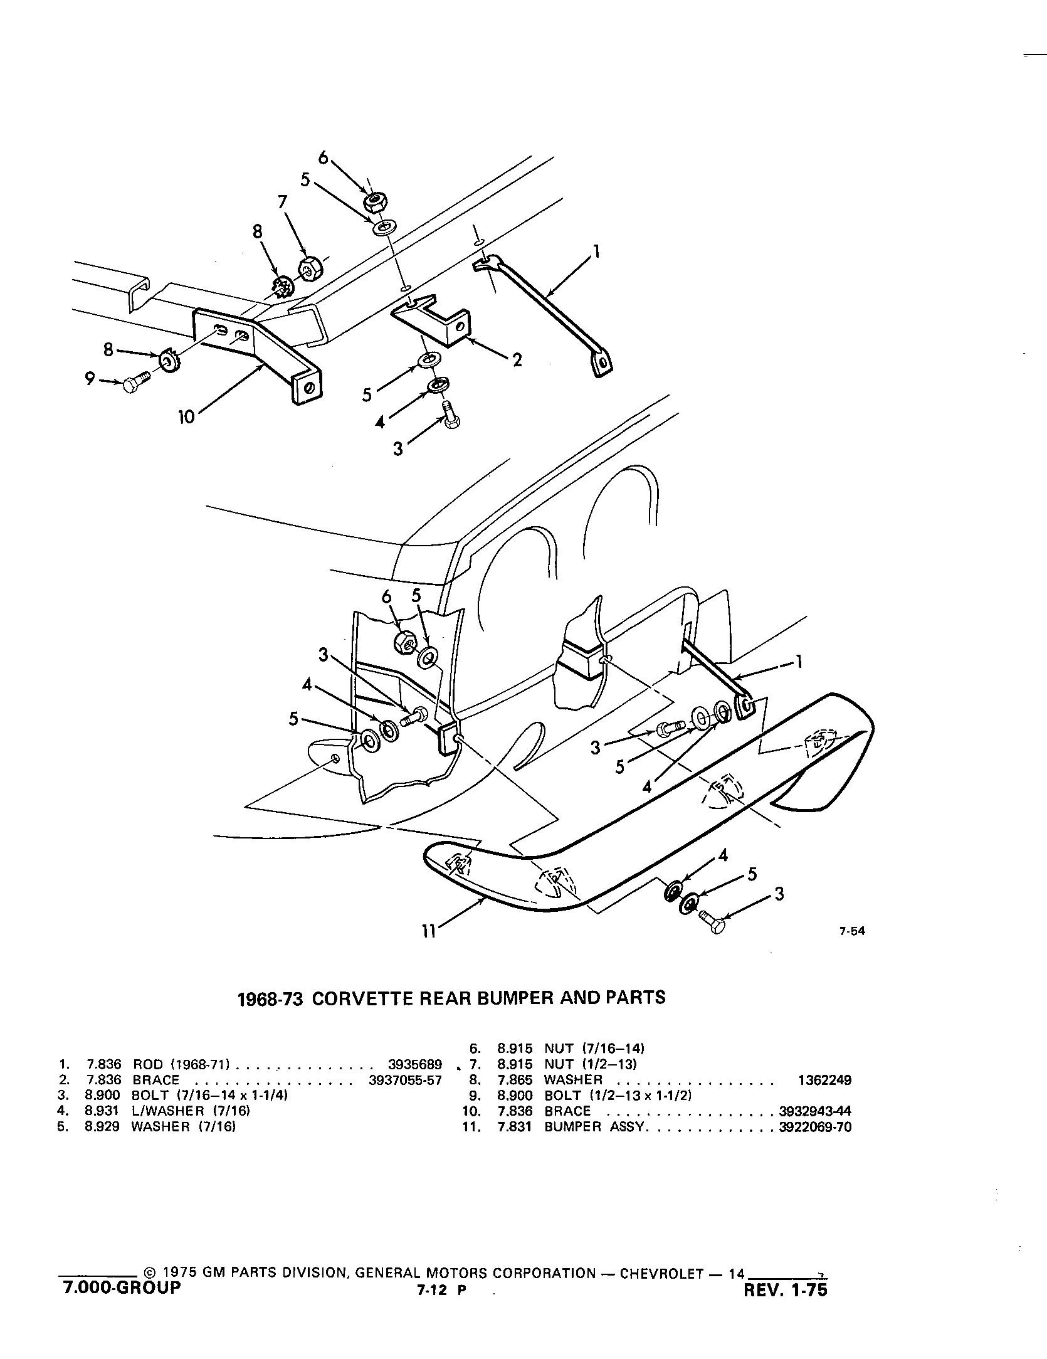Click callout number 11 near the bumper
(428, 932)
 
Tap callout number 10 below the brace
(186, 417)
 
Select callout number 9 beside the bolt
(90, 379)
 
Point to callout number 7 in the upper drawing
(282, 202)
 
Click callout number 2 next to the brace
(517, 360)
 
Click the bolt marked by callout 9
(135, 382)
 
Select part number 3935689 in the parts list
(415, 1064)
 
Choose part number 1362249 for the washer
(824, 1080)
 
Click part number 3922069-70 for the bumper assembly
(814, 1126)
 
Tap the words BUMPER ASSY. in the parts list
(594, 1126)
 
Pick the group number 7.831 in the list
(515, 1126)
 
